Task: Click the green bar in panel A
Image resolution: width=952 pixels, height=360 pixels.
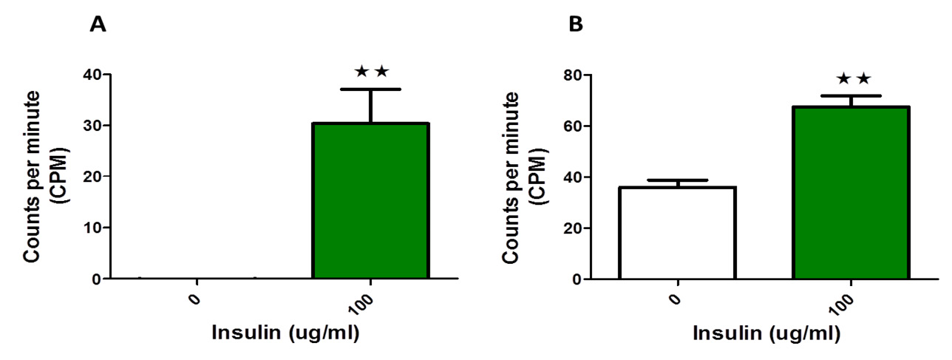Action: tap(370, 200)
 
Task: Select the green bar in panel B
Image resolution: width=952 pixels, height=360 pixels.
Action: tap(851, 193)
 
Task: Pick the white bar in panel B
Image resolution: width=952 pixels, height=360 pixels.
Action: tap(677, 233)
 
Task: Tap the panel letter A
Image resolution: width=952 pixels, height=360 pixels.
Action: tap(98, 24)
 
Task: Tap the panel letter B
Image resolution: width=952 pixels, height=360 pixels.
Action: tap(576, 24)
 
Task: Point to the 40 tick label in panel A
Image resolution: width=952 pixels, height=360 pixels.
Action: tap(92, 75)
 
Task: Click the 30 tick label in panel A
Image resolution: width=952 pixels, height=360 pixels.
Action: tap(92, 126)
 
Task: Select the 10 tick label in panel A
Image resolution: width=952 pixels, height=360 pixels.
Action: tap(92, 228)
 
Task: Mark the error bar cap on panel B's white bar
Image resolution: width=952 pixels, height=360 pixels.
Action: tap(677, 180)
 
